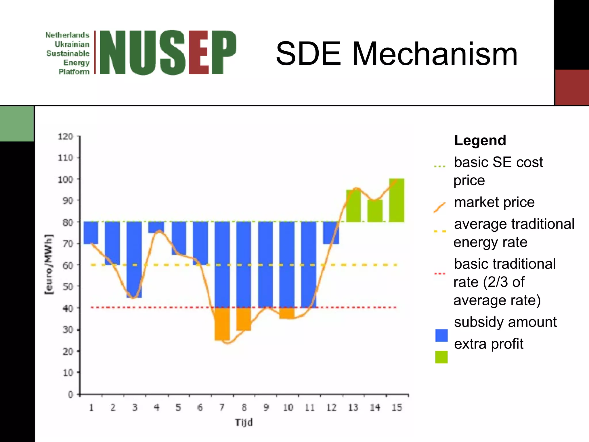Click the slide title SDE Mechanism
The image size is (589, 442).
pos(396,54)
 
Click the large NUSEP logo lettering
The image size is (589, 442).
pos(168,53)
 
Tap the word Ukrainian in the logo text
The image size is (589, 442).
pos(72,44)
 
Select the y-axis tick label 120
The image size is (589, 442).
pos(66,136)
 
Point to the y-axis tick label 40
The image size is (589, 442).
pos(68,308)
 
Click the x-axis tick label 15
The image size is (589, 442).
pos(397,407)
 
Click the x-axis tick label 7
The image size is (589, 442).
pos(222,407)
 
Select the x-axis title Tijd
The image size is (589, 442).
pos(244,422)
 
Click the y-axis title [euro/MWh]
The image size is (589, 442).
pos(49,264)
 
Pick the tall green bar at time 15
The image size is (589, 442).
pos(397,200)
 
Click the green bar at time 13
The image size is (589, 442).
pos(353,206)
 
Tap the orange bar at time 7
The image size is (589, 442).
pos(222,324)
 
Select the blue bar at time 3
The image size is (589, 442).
pos(134,259)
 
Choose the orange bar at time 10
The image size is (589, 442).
pos(287,313)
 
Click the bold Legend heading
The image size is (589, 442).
pos(480,140)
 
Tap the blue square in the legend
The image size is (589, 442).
pos(441,336)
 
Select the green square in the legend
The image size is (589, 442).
pos(441,357)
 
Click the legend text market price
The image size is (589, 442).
pos(494,202)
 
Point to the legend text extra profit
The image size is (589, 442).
pos(489,344)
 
